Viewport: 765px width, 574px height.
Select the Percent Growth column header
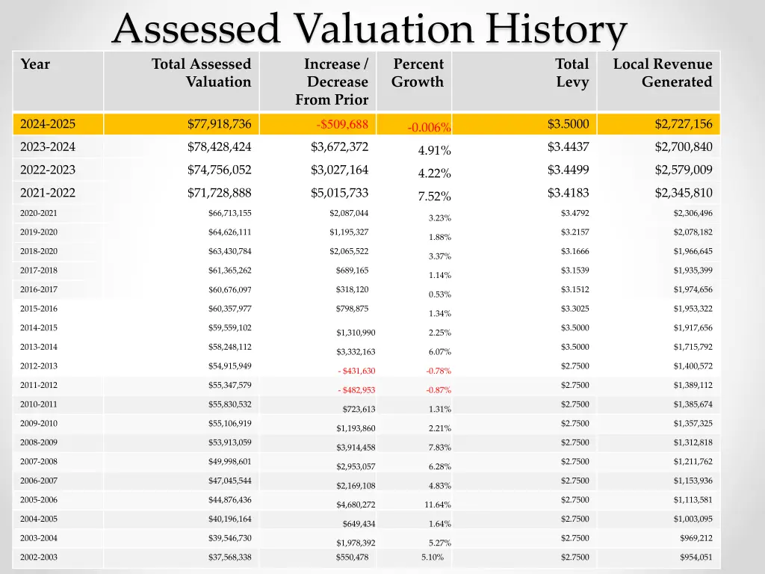coord(418,73)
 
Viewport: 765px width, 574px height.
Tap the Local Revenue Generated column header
coord(663,73)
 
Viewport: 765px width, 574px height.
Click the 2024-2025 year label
coord(48,124)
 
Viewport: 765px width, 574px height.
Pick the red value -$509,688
coord(342,124)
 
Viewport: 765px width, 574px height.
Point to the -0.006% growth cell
coord(429,128)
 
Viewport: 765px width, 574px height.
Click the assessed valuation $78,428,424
coord(219,146)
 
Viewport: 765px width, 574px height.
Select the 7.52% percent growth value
coord(434,197)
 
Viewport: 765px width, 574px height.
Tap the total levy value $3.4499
coord(568,170)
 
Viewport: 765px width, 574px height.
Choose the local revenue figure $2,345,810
coord(683,193)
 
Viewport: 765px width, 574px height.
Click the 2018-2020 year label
coord(39,251)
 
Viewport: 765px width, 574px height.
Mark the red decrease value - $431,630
coord(356,371)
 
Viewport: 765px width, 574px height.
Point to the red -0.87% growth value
coord(439,390)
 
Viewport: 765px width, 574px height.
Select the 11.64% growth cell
coord(438,505)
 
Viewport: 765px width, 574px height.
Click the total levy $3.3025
coord(574,309)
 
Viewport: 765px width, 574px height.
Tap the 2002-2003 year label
coord(39,558)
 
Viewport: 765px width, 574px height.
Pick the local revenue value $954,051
coord(696,558)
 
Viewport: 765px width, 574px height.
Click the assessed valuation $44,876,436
coord(229,500)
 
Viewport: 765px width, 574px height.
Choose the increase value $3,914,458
coord(356,448)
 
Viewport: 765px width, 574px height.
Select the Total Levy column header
coord(572,73)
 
